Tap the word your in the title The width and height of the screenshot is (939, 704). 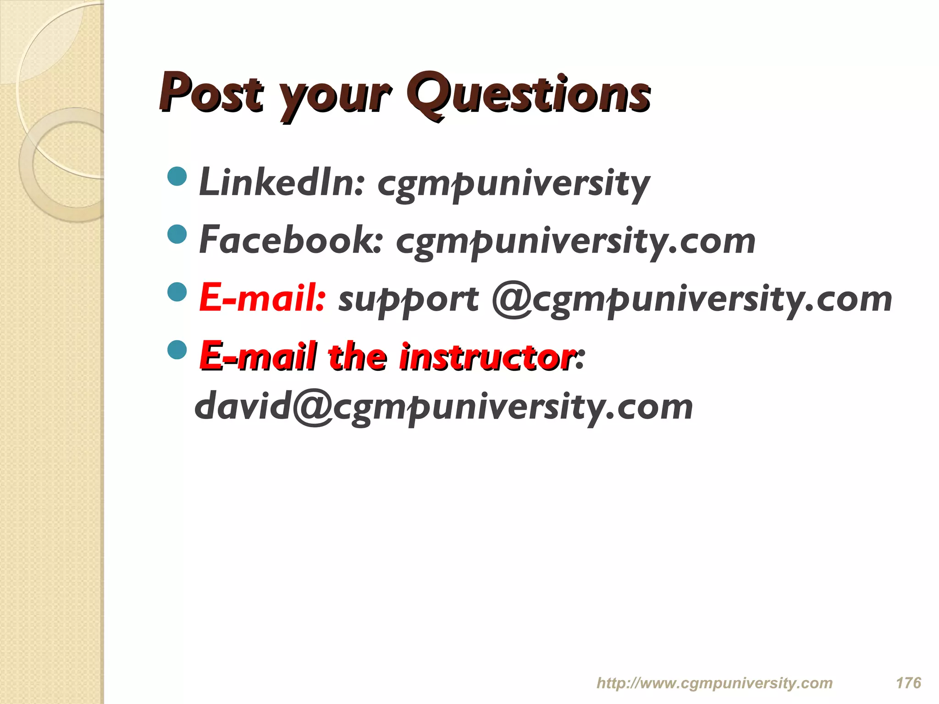click(x=335, y=96)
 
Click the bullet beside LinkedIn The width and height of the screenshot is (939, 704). click(x=177, y=176)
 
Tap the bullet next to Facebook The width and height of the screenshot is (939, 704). click(x=177, y=234)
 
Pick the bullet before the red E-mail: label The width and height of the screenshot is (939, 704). click(x=177, y=292)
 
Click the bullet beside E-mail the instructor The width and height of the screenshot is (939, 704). click(x=177, y=350)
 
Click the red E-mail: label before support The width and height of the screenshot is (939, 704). click(x=262, y=298)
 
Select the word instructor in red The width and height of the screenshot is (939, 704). click(x=487, y=356)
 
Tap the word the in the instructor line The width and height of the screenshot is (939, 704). click(x=357, y=356)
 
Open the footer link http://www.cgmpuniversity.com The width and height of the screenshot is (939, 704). click(x=714, y=683)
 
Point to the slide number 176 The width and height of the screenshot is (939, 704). click(x=908, y=683)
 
